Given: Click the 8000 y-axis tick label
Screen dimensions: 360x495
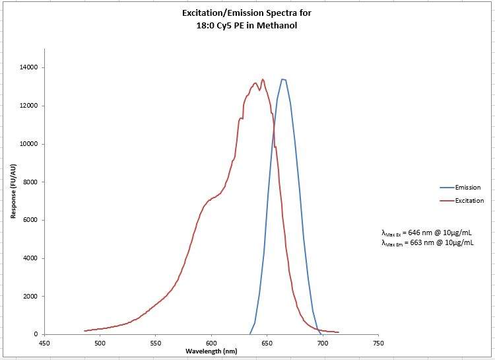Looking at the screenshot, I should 29,182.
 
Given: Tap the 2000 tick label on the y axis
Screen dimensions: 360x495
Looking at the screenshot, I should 29,297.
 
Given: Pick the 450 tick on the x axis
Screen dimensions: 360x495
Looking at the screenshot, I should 44,343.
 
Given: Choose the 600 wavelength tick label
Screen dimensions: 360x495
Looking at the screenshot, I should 211,343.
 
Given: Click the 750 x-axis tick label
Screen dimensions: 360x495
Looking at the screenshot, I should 378,343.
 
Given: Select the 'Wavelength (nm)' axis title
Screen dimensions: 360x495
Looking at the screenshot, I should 211,351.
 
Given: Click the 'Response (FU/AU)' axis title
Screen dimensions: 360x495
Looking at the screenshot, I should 13,192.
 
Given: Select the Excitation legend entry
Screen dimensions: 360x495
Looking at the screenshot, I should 470,201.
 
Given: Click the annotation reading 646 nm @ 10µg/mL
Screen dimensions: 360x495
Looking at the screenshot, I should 427,233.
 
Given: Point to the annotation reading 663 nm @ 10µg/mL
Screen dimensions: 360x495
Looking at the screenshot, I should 427,243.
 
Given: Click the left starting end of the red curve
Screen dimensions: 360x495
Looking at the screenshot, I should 84,331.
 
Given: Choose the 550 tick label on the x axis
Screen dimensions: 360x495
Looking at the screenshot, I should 156,343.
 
